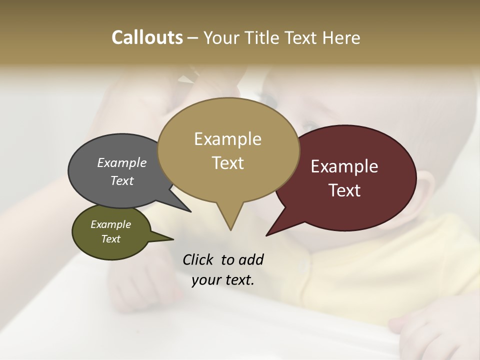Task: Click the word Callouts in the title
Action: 147,37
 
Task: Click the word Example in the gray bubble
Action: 122,162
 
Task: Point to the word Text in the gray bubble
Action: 122,180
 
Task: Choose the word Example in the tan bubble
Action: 227,139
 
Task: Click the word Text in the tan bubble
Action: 228,163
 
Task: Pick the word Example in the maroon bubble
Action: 344,166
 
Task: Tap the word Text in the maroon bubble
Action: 345,190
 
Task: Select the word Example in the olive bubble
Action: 110,224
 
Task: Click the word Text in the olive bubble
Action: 110,239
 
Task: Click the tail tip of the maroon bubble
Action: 267,235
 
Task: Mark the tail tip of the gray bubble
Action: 190,211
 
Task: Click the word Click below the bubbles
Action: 199,259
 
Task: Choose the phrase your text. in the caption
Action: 223,280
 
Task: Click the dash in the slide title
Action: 193,38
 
